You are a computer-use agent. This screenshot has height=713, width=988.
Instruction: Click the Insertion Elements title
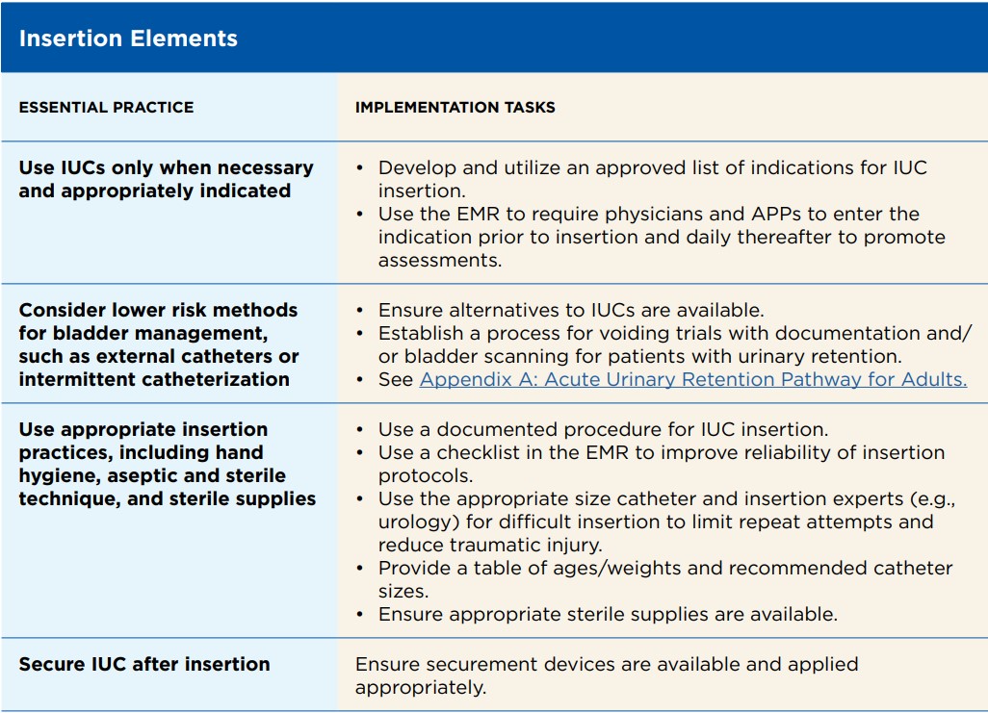tap(128, 38)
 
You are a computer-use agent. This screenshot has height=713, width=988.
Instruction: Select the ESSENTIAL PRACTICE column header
tap(107, 107)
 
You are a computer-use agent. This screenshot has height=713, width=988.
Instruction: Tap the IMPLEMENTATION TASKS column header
tap(455, 107)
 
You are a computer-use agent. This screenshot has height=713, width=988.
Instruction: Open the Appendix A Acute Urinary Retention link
tap(693, 380)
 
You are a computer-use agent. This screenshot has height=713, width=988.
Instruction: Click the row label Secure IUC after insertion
tap(144, 664)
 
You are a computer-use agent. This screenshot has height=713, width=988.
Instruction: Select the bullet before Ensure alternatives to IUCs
tap(360, 311)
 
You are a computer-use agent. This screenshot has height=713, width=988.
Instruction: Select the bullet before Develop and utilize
tap(360, 168)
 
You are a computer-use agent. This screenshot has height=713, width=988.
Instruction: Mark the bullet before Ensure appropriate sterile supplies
tap(360, 615)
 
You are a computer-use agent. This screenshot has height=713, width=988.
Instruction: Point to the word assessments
tap(440, 261)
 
